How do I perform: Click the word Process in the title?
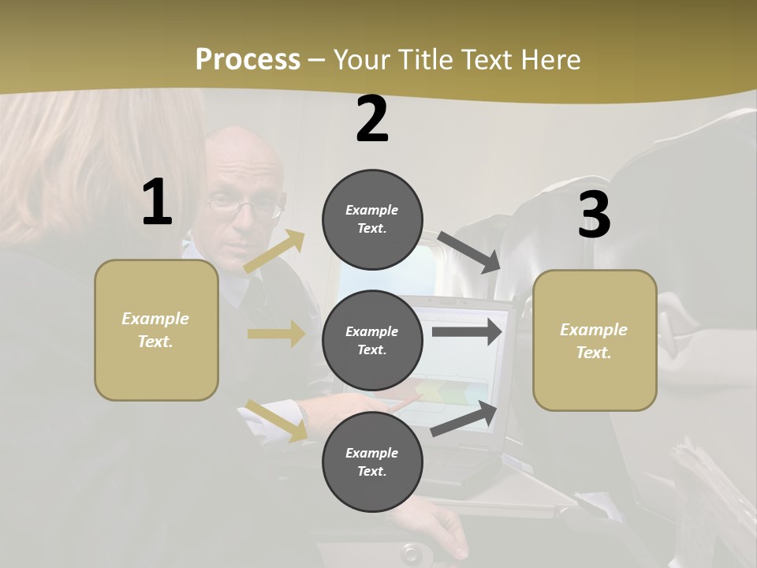click(248, 60)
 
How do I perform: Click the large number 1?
click(157, 203)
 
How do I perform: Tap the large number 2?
click(372, 119)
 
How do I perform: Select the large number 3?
click(594, 215)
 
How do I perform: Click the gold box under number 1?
click(156, 330)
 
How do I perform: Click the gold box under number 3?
click(595, 341)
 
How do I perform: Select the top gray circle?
click(372, 219)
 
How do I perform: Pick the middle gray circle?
click(372, 340)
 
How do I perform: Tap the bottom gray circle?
click(372, 461)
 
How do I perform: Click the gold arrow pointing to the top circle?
click(275, 251)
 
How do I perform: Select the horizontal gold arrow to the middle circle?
click(276, 334)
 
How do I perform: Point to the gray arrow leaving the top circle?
click(469, 252)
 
